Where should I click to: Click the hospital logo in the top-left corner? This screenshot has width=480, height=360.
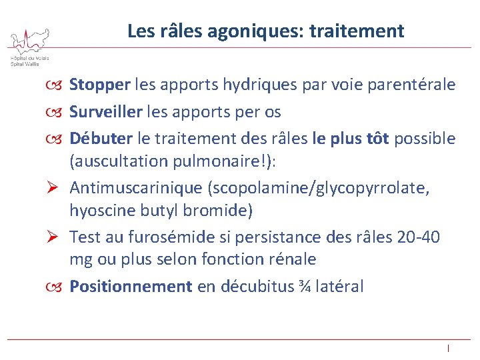tap(28, 45)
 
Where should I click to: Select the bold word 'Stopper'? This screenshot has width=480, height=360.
tap(99, 85)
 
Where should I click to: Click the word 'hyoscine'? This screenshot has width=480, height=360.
tap(99, 211)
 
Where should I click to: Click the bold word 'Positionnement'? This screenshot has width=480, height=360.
tap(131, 287)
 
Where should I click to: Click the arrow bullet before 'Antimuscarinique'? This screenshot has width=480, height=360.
tap(55, 188)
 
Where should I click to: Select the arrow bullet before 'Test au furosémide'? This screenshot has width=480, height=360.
tap(55, 237)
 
